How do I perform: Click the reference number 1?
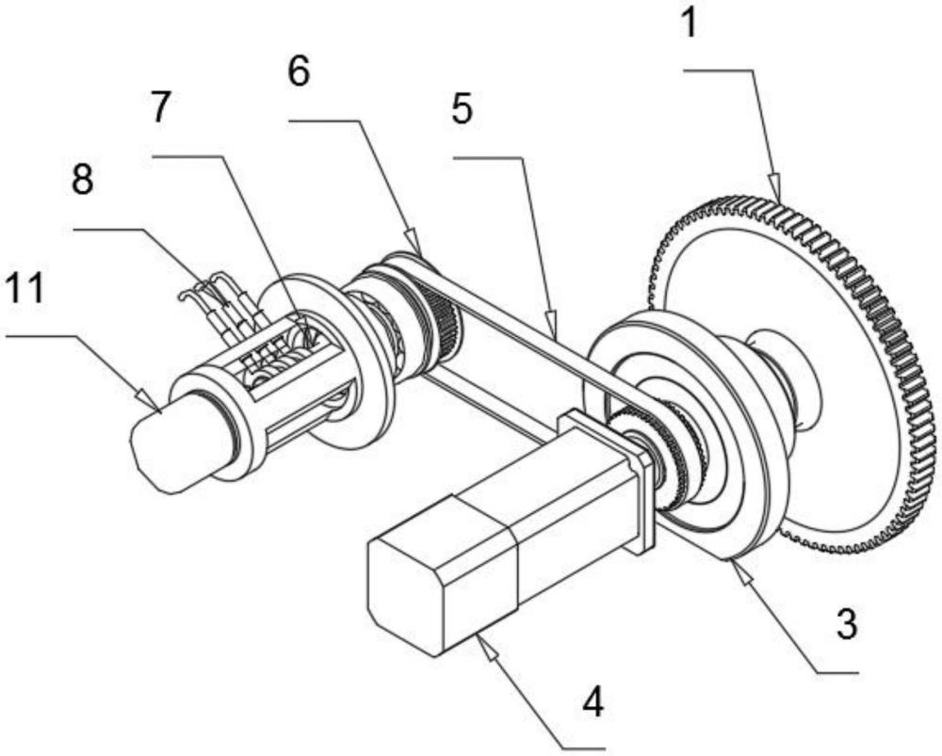click(x=690, y=24)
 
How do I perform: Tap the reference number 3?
click(x=847, y=624)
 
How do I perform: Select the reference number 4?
click(x=593, y=702)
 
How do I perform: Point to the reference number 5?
click(x=462, y=108)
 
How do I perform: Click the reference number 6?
click(x=299, y=72)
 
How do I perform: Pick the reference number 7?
click(x=159, y=108)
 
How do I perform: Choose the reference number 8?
click(x=83, y=179)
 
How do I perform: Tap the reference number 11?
click(x=24, y=287)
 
